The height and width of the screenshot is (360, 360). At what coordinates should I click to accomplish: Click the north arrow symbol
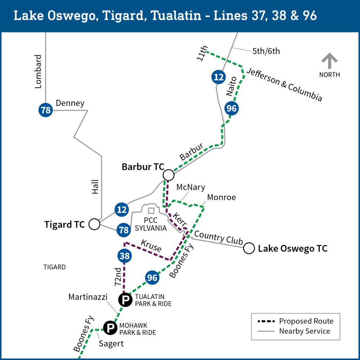pyautogui.click(x=329, y=61)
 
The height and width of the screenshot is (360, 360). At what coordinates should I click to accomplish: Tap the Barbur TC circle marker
pyautogui.click(x=169, y=175)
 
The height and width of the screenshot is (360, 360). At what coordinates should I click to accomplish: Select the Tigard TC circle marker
pyautogui.click(x=94, y=224)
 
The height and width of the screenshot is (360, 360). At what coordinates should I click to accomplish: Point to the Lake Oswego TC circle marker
pyautogui.click(x=249, y=248)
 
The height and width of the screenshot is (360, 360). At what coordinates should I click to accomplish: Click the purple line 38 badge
pyautogui.click(x=125, y=256)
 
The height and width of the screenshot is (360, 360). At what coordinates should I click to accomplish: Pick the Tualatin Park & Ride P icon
pyautogui.click(x=125, y=300)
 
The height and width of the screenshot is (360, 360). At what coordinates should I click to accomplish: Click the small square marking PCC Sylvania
pyautogui.click(x=151, y=211)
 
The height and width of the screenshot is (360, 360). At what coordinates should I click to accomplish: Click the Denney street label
pyautogui.click(x=70, y=103)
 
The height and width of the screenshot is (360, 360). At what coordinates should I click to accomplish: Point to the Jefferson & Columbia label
pyautogui.click(x=284, y=84)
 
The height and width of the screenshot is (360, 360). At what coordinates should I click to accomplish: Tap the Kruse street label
pyautogui.click(x=151, y=245)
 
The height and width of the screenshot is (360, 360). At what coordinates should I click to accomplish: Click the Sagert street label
pyautogui.click(x=111, y=343)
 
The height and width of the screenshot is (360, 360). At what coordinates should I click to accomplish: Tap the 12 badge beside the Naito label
pyautogui.click(x=219, y=77)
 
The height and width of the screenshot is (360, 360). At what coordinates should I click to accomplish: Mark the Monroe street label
pyautogui.click(x=221, y=197)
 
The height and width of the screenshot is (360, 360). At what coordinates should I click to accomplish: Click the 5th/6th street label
pyautogui.click(x=266, y=51)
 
